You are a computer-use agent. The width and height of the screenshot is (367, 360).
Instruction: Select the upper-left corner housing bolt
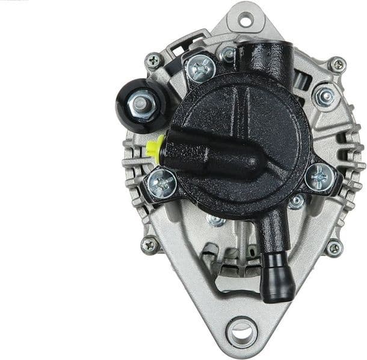[x=154, y=59]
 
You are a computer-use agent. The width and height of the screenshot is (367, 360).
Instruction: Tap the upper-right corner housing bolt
[x=337, y=65]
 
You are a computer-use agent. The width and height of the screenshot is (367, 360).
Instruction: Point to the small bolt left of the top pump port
[x=227, y=54]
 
